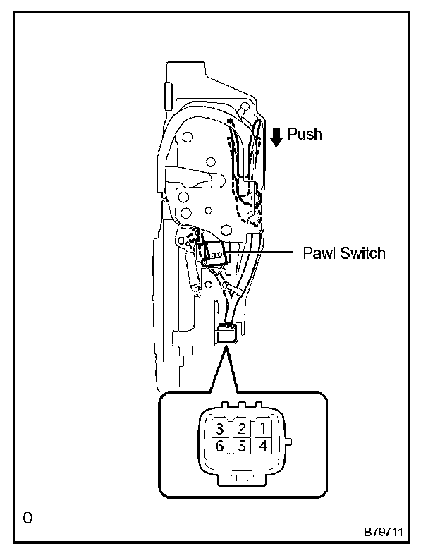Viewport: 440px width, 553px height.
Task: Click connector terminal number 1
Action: coord(262,428)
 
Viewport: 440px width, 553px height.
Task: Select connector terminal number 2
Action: coord(241,428)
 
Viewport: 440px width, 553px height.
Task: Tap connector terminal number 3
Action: coord(220,428)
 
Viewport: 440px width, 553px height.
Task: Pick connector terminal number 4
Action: coord(262,446)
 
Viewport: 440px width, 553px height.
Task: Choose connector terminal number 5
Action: coord(241,446)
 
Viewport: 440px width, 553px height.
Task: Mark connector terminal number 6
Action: coord(220,446)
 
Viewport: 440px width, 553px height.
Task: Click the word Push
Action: coord(305,134)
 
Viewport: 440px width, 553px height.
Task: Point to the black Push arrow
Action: coord(276,135)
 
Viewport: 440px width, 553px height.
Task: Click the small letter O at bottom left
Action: coord(27,518)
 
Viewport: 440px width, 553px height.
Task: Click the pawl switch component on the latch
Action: coord(214,253)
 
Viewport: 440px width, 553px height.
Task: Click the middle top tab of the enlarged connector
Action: coord(241,406)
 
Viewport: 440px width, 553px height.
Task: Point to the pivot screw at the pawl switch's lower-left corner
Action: coord(204,263)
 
